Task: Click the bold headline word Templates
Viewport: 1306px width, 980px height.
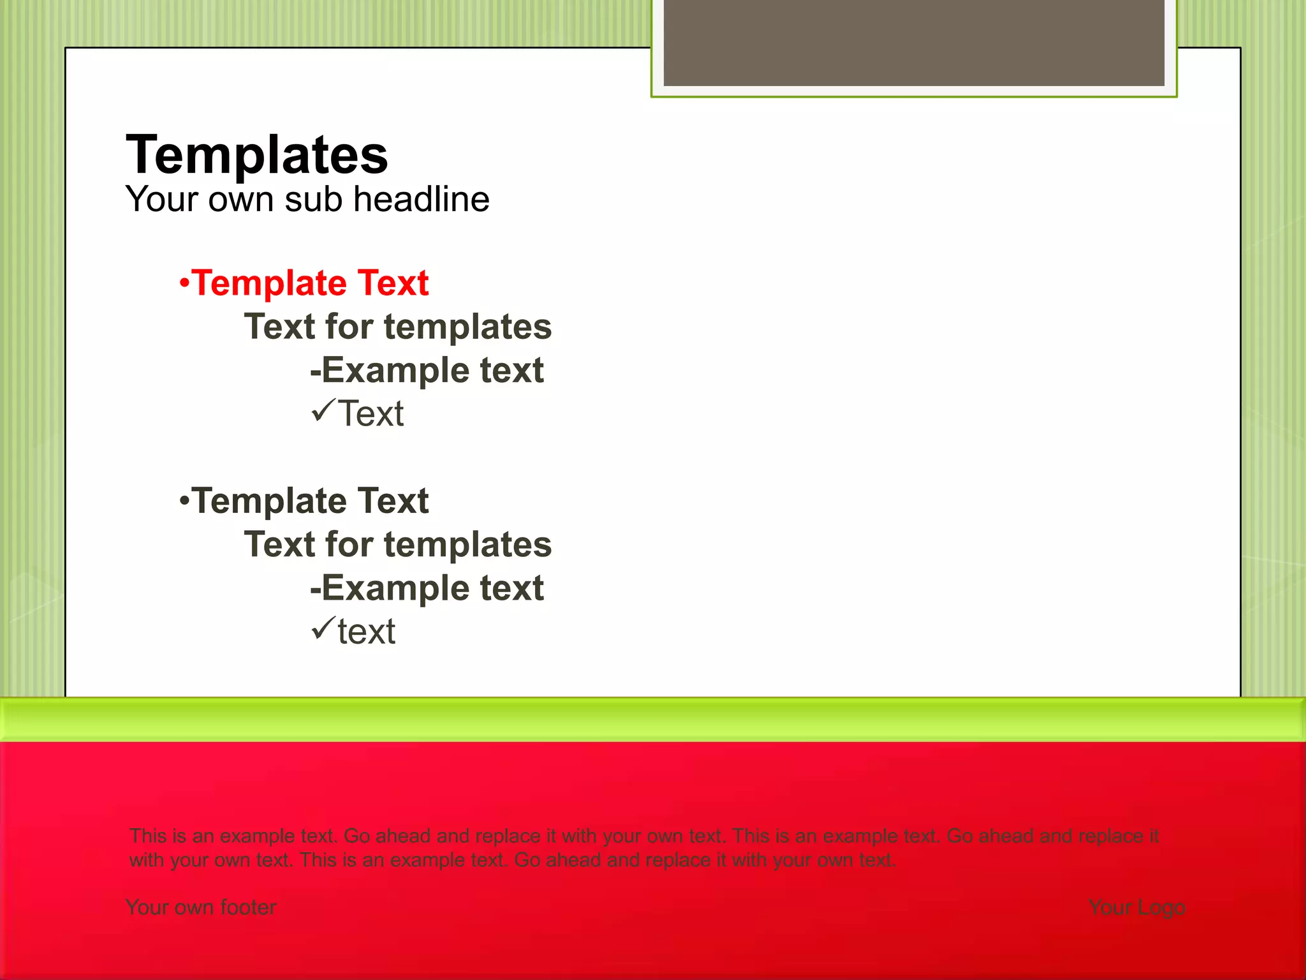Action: [x=256, y=155]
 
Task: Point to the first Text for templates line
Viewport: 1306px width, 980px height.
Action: [x=398, y=327]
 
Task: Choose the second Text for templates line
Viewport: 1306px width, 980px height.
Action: [x=398, y=544]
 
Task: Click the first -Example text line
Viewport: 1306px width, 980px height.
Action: [x=427, y=370]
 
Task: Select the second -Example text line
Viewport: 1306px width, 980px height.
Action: [x=427, y=588]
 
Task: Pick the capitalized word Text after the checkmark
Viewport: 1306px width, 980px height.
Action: [x=371, y=414]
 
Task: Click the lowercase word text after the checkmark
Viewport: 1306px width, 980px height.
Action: [x=366, y=632]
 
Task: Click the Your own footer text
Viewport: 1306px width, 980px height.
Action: [x=201, y=907]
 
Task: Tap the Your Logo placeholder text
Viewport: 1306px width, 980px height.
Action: [x=1136, y=907]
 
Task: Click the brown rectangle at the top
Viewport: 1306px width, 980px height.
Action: [x=913, y=42]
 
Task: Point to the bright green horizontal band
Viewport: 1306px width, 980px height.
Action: [x=653, y=719]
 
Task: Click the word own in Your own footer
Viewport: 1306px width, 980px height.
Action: [x=196, y=908]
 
